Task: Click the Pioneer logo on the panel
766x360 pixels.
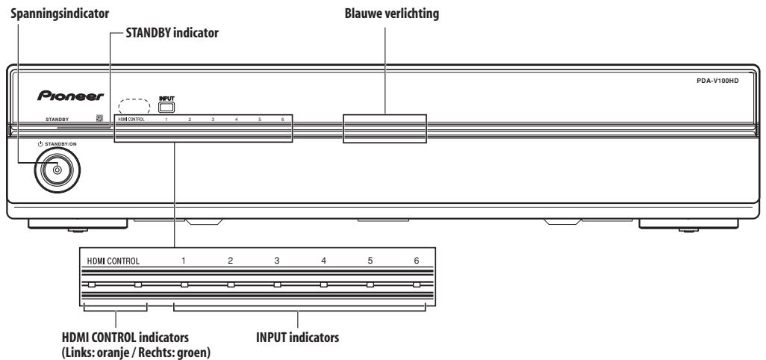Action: pos(70,96)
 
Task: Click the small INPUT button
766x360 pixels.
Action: pos(166,107)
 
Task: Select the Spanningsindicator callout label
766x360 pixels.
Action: pos(60,13)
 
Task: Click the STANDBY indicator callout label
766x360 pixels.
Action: pos(172,33)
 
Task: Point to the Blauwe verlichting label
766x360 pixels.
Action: pos(392,13)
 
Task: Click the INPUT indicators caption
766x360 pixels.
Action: pos(297,337)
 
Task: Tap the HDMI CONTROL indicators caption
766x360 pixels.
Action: pos(125,337)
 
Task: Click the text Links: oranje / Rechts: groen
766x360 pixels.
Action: pos(137,353)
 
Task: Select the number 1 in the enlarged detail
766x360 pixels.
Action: pos(183,261)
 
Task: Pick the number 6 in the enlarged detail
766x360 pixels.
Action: pos(416,261)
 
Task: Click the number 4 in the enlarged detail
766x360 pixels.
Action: pos(323,261)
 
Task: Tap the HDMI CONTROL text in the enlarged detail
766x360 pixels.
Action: pos(113,261)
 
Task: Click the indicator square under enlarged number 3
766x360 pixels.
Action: pos(277,285)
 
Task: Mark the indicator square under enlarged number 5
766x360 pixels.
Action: pos(370,285)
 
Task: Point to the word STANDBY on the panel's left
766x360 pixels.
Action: pos(57,119)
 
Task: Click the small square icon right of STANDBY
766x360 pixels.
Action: pos(99,118)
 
